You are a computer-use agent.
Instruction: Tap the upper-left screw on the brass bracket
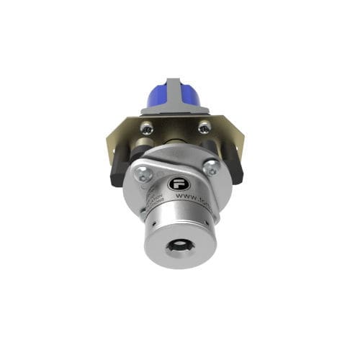coord(147,128)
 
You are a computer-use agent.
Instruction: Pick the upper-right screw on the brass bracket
coord(204,127)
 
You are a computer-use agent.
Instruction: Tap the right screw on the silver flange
coord(212,168)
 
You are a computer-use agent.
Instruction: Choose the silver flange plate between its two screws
coord(176,164)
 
